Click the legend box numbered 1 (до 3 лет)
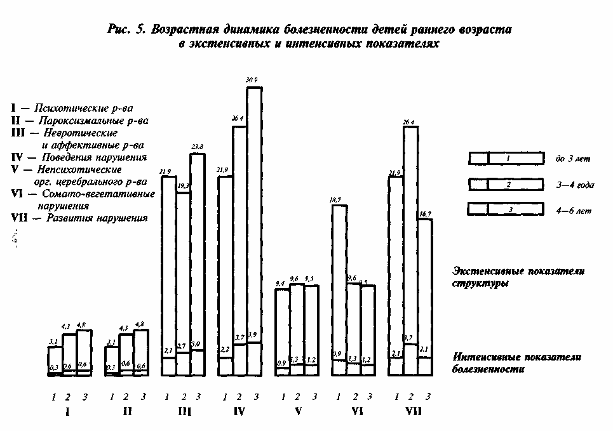pyautogui.click(x=506, y=159)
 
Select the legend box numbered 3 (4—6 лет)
pyautogui.click(x=506, y=209)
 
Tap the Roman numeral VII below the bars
pyautogui.click(x=412, y=411)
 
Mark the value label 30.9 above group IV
pyautogui.click(x=253, y=80)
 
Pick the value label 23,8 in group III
pyautogui.click(x=198, y=147)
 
